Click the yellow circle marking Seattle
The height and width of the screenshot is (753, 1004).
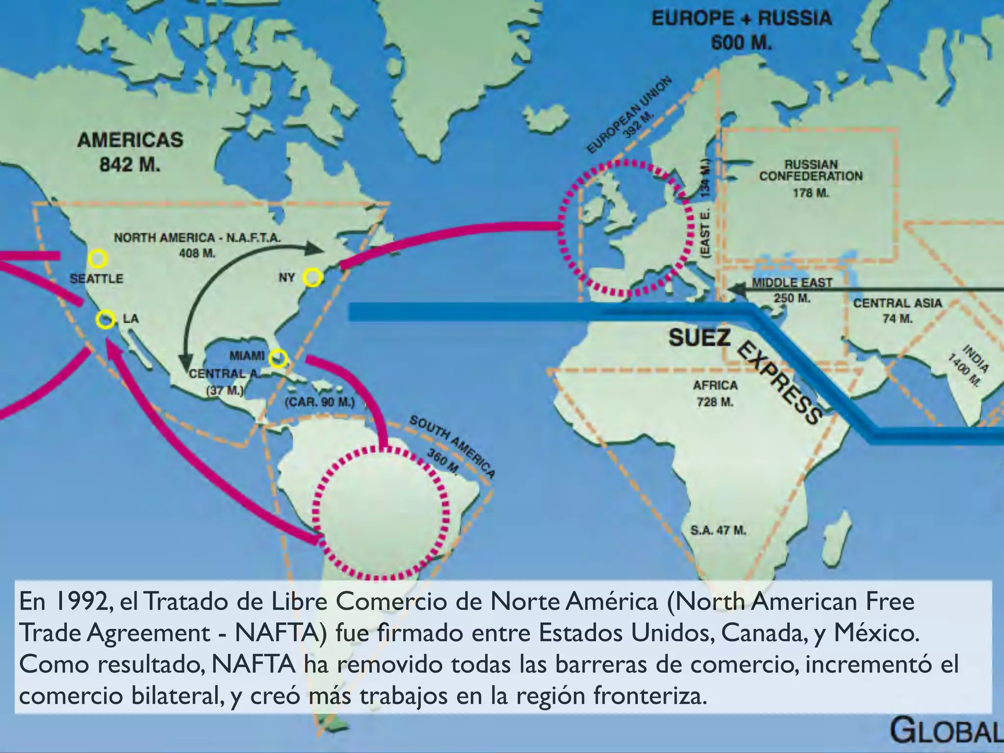[98, 258]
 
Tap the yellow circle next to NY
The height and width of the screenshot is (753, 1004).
[312, 277]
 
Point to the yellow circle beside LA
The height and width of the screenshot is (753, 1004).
[105, 320]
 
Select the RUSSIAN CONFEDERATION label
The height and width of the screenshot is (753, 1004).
[811, 171]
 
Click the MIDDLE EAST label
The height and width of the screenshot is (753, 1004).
[792, 283]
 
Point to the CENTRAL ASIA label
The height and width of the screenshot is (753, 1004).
[898, 303]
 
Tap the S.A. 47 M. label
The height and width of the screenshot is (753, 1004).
[718, 530]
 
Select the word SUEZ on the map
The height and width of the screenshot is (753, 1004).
[700, 338]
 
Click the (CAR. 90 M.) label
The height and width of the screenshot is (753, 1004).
[319, 402]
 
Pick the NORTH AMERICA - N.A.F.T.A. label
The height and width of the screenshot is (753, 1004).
[197, 238]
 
